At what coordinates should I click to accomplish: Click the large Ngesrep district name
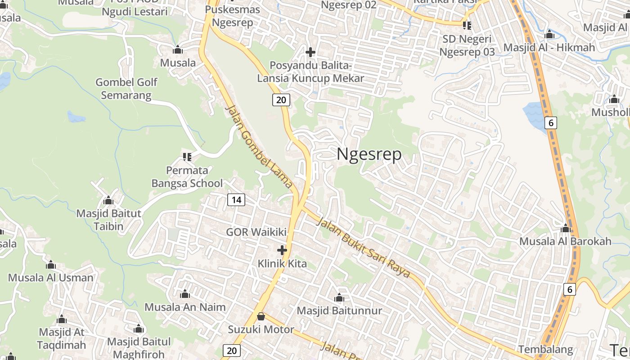[x=369, y=155]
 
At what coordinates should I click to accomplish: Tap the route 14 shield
[x=236, y=199]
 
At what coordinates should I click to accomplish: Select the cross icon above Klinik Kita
[x=282, y=250]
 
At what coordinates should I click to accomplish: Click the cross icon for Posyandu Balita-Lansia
[x=310, y=52]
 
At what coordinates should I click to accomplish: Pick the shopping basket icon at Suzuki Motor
[x=261, y=316]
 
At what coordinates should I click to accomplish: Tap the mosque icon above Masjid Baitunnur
[x=339, y=298]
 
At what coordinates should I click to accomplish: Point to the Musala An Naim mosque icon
[x=185, y=295]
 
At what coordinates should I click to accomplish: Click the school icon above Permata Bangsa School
[x=187, y=157]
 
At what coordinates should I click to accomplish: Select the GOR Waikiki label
[x=256, y=232]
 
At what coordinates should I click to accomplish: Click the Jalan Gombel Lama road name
[x=259, y=147]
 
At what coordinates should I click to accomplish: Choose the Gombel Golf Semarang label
[x=126, y=89]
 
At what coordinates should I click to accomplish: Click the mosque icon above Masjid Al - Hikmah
[x=549, y=35]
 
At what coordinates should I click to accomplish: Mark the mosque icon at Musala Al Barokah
[x=566, y=228]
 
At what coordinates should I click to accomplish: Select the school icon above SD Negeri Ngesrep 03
[x=467, y=25]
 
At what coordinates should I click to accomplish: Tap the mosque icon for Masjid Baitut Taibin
[x=108, y=200]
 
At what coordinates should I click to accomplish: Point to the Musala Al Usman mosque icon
[x=51, y=265]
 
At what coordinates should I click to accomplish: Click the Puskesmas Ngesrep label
[x=232, y=16]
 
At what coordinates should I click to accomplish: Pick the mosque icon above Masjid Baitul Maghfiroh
[x=139, y=329]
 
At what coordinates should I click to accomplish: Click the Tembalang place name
[x=545, y=349]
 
